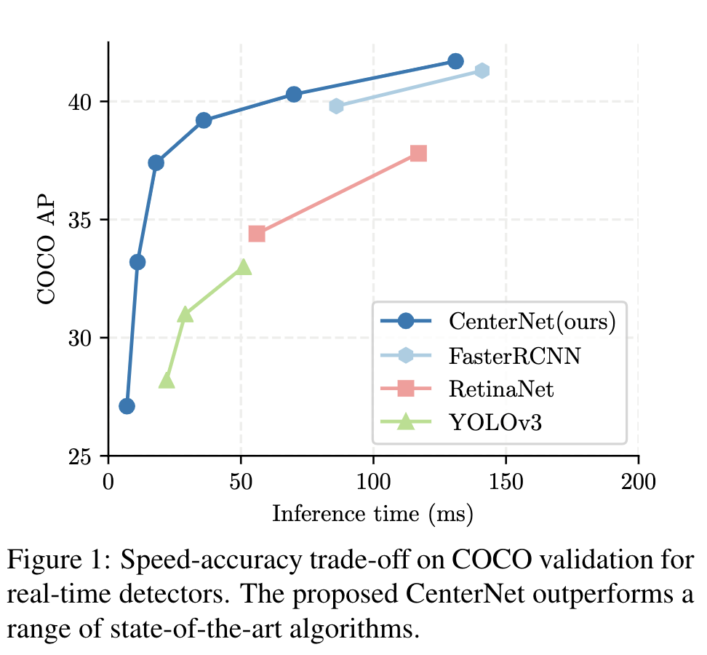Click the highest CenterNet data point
(x=455, y=61)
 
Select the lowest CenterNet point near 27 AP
(x=127, y=406)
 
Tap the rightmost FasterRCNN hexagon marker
(x=482, y=71)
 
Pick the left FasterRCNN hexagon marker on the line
(x=336, y=106)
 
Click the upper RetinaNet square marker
(x=418, y=154)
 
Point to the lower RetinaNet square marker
(x=257, y=234)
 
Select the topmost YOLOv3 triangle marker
(x=244, y=267)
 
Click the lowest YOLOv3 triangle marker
(x=167, y=381)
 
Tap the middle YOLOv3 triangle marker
(x=185, y=314)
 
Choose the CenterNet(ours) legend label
(x=532, y=321)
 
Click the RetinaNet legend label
(x=501, y=389)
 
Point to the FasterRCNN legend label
(x=506, y=355)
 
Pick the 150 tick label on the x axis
(x=506, y=482)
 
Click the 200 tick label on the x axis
(x=638, y=482)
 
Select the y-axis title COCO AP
(x=47, y=249)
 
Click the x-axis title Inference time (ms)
(x=372, y=515)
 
